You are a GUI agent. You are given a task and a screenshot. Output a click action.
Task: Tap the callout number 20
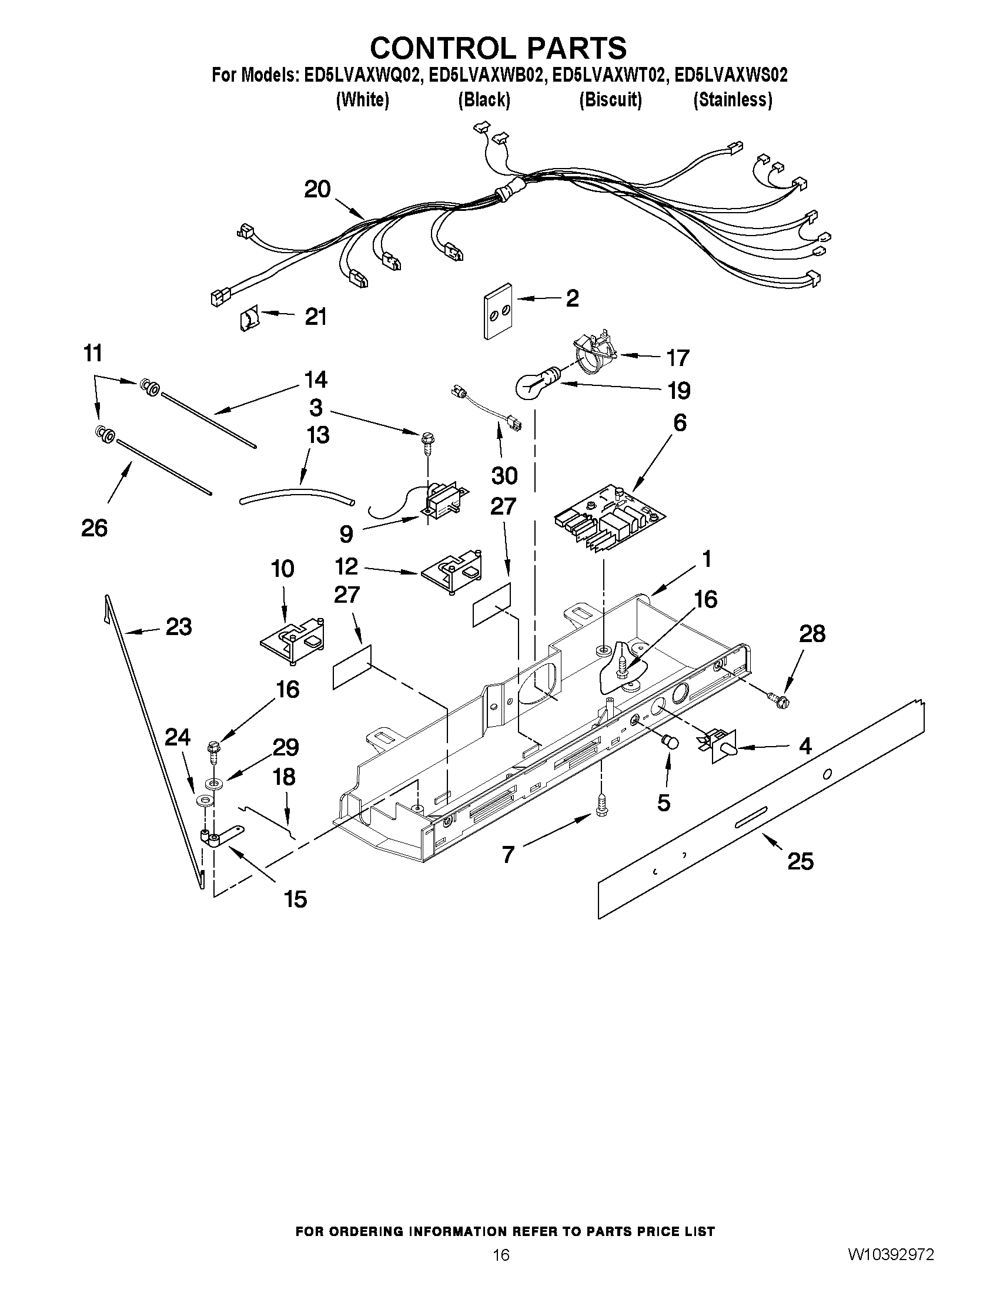pyautogui.click(x=317, y=189)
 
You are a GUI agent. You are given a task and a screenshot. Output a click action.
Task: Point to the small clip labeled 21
pyautogui.click(x=249, y=320)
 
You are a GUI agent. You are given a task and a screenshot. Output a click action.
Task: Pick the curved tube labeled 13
pyautogui.click(x=296, y=496)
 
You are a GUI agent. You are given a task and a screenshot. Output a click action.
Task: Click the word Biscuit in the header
pyautogui.click(x=610, y=100)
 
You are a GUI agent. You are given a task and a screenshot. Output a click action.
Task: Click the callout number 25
pyautogui.click(x=800, y=861)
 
